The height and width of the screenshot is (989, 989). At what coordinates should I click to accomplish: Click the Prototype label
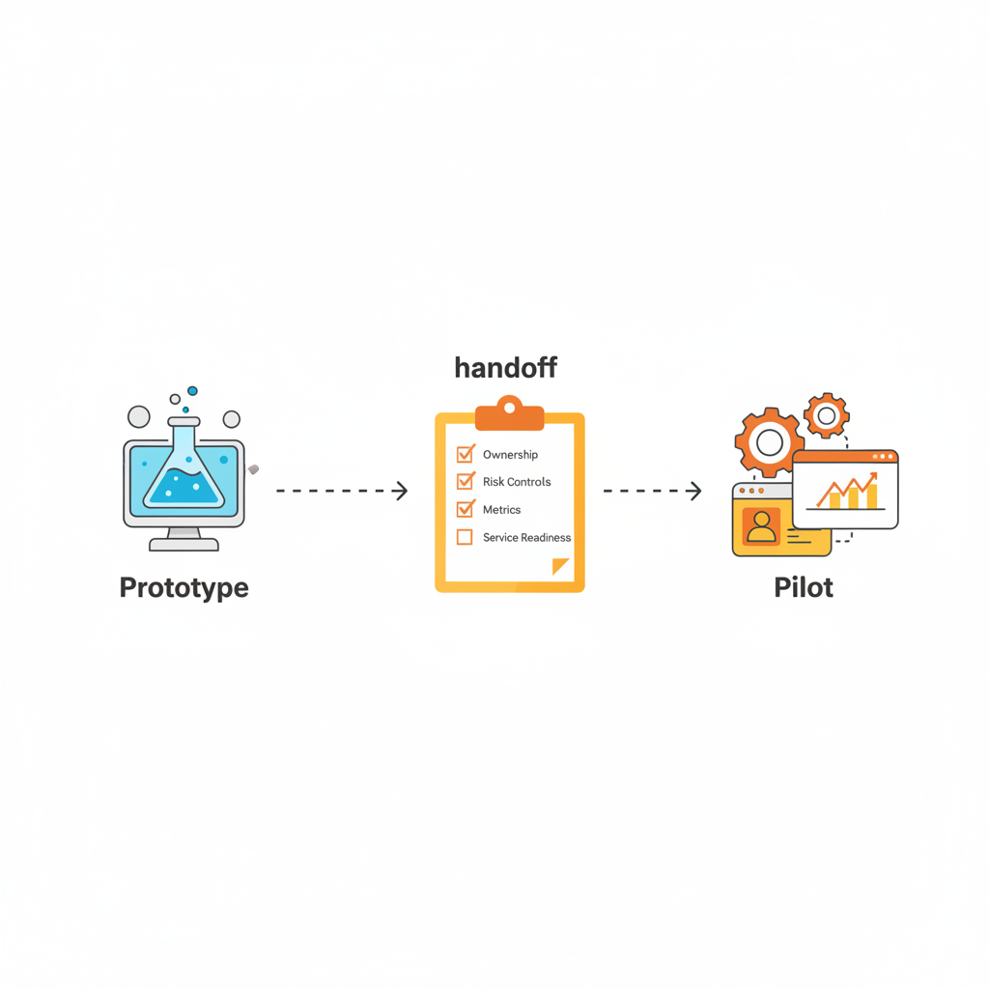(x=184, y=587)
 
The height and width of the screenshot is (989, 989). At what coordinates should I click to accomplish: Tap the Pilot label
(x=804, y=587)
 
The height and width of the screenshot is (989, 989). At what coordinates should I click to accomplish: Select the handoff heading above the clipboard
(x=505, y=368)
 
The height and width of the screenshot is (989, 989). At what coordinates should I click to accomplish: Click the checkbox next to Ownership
(x=465, y=454)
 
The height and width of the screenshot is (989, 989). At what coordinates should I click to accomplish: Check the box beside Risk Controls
(x=465, y=481)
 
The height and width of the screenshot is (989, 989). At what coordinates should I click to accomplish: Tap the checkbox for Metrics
(x=465, y=509)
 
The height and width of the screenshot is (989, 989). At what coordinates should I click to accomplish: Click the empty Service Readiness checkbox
(x=465, y=537)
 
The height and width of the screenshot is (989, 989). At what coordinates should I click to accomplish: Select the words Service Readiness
(x=526, y=537)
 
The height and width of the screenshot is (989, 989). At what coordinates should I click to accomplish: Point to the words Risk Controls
(x=517, y=481)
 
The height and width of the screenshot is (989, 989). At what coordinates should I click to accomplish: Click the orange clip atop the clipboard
(x=510, y=413)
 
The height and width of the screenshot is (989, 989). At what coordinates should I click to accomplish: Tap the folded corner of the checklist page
(x=560, y=566)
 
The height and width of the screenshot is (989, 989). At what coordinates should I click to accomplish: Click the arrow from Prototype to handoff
(x=342, y=491)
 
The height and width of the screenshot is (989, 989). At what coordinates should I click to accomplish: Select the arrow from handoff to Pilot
(x=652, y=491)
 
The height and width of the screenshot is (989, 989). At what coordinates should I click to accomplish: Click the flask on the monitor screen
(x=184, y=468)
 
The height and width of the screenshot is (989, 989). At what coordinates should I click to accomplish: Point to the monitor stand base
(x=184, y=544)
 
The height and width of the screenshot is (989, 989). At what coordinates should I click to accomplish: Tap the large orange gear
(x=769, y=442)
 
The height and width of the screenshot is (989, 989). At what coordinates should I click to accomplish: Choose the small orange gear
(x=826, y=415)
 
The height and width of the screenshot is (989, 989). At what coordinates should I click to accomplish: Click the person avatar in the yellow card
(x=761, y=525)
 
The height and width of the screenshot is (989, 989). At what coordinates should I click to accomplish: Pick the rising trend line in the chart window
(x=846, y=488)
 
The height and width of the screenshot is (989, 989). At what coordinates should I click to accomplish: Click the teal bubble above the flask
(x=192, y=391)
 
